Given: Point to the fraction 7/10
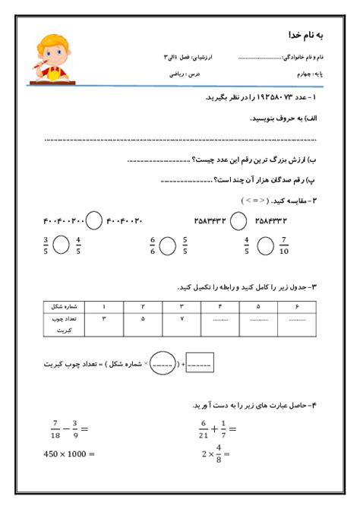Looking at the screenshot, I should tap(284, 246).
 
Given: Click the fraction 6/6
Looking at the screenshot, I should tap(153, 246).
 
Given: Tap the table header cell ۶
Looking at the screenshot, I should tap(294, 306).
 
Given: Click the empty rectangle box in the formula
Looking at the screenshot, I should tap(199, 363).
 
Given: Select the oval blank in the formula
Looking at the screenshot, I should tap(163, 363).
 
